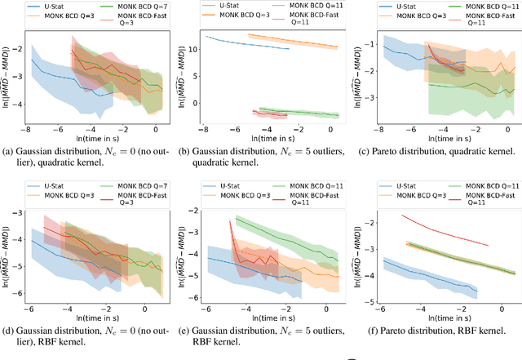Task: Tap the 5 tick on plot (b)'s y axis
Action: pyautogui.click(x=191, y=81)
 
